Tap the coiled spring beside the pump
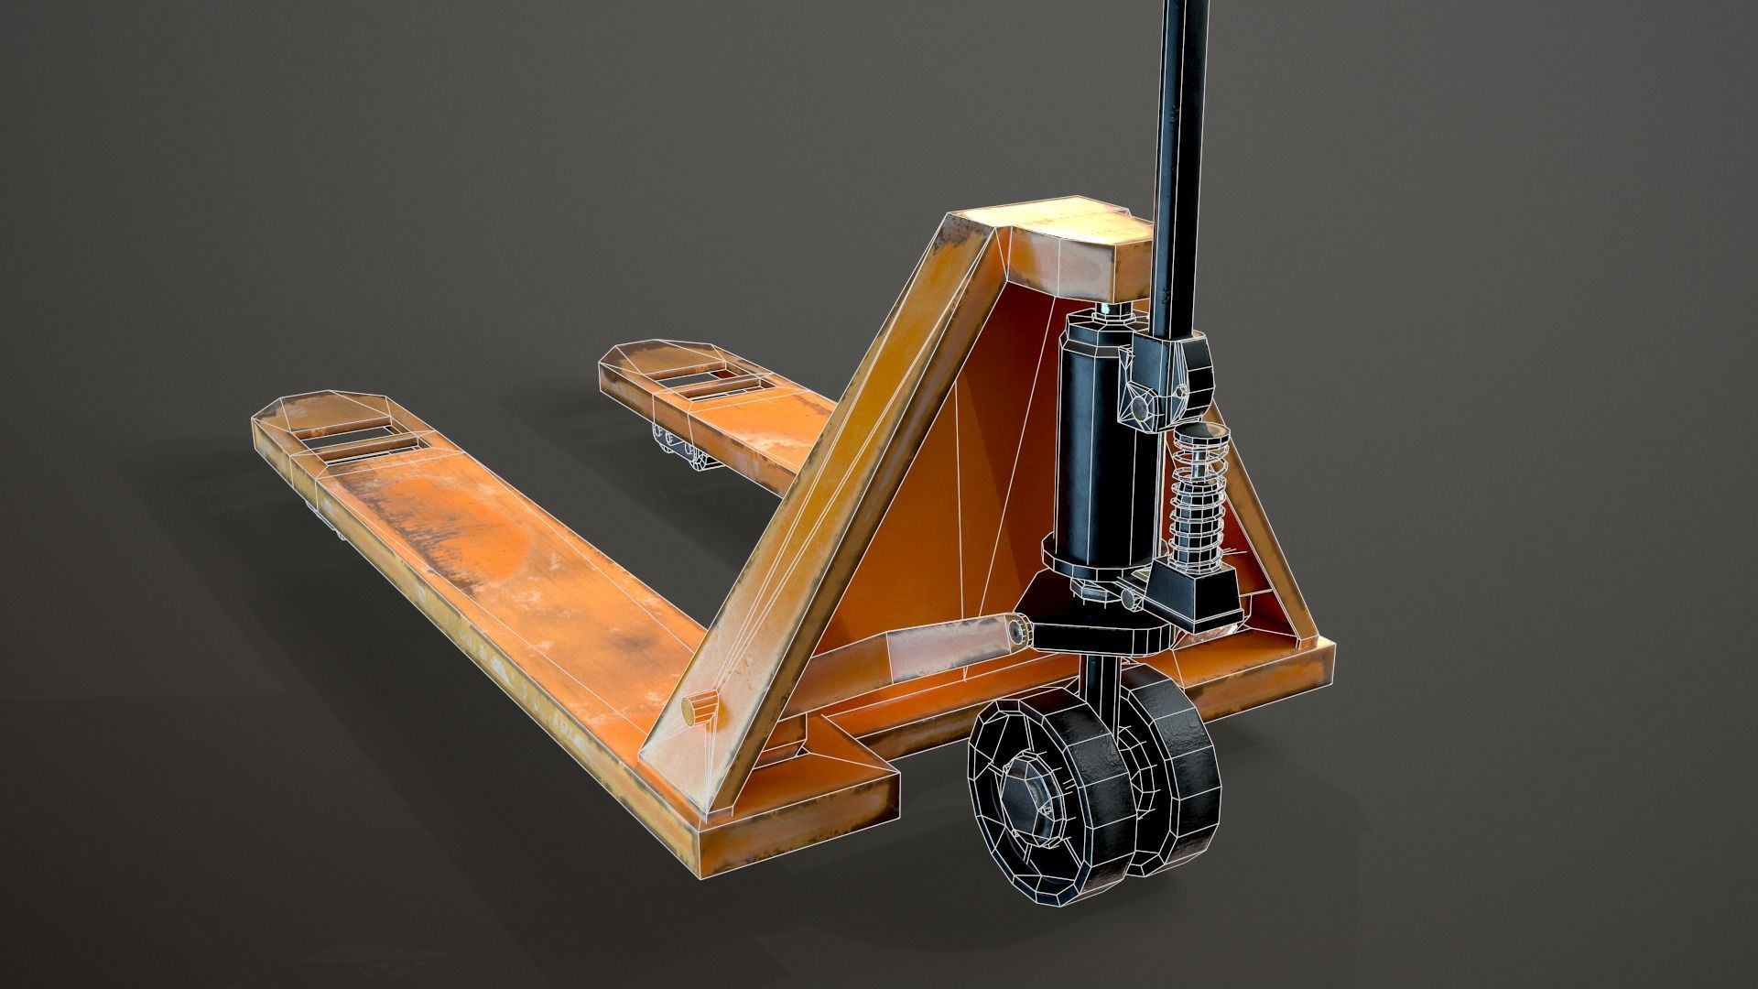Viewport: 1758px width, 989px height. click(x=1196, y=494)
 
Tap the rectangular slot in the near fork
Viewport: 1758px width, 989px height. click(x=362, y=446)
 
